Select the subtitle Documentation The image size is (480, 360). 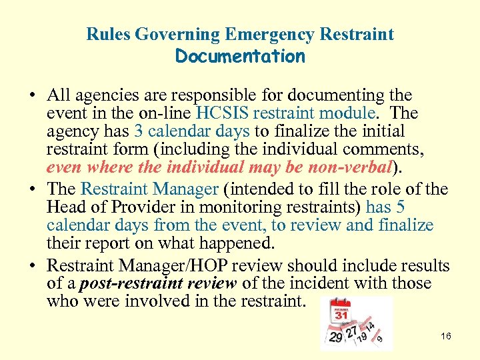[240, 56]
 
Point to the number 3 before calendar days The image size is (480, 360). [138, 131]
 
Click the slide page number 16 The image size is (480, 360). [446, 336]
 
